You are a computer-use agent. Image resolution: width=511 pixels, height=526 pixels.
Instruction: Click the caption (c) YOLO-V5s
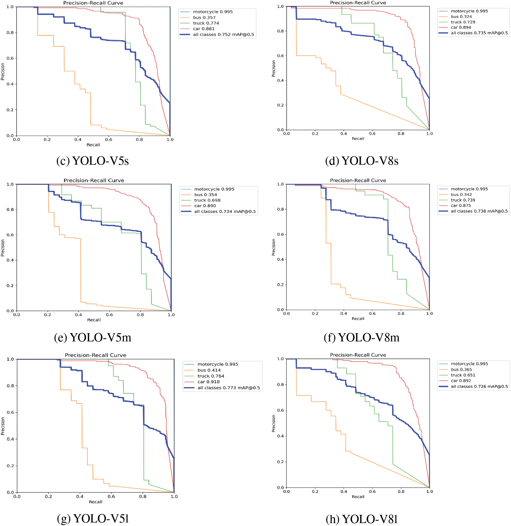click(x=93, y=161)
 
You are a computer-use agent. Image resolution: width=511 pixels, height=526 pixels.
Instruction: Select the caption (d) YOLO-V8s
click(x=362, y=161)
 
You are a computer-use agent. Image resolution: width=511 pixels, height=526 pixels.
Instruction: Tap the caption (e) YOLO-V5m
click(x=93, y=338)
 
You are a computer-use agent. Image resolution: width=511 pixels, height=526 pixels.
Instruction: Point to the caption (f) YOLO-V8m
click(x=362, y=338)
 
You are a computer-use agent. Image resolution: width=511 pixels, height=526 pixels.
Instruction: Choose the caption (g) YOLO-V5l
click(x=93, y=518)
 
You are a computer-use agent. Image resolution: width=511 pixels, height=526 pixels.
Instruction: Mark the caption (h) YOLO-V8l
click(x=362, y=519)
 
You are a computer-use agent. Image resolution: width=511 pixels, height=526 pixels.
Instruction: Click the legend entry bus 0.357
click(x=204, y=18)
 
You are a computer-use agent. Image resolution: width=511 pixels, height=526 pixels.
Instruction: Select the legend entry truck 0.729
click(x=463, y=22)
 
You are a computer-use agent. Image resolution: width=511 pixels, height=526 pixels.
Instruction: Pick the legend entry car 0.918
click(x=208, y=382)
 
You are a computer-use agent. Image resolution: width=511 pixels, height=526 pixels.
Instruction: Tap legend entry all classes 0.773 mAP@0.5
click(x=228, y=388)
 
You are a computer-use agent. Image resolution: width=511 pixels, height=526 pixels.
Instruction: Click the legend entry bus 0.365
click(x=461, y=370)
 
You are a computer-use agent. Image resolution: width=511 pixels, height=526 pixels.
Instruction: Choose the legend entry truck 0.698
click(x=207, y=200)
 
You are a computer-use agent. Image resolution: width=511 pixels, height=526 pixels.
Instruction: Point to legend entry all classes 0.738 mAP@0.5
click(x=479, y=211)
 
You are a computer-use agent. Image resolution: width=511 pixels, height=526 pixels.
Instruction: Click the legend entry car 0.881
click(x=204, y=29)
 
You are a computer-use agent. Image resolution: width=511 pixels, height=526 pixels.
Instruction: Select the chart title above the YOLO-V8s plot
click(x=358, y=3)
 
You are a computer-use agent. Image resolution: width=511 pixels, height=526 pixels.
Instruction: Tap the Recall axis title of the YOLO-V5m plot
click(x=94, y=320)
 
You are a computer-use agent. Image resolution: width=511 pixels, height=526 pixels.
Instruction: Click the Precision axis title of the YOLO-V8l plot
click(x=274, y=423)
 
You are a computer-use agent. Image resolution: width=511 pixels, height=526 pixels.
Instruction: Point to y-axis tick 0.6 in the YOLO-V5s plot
click(x=10, y=58)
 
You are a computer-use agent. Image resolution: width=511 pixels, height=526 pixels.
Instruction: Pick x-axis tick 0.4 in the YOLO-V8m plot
click(x=343, y=314)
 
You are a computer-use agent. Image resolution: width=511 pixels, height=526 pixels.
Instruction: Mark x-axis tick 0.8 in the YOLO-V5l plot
click(x=143, y=496)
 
